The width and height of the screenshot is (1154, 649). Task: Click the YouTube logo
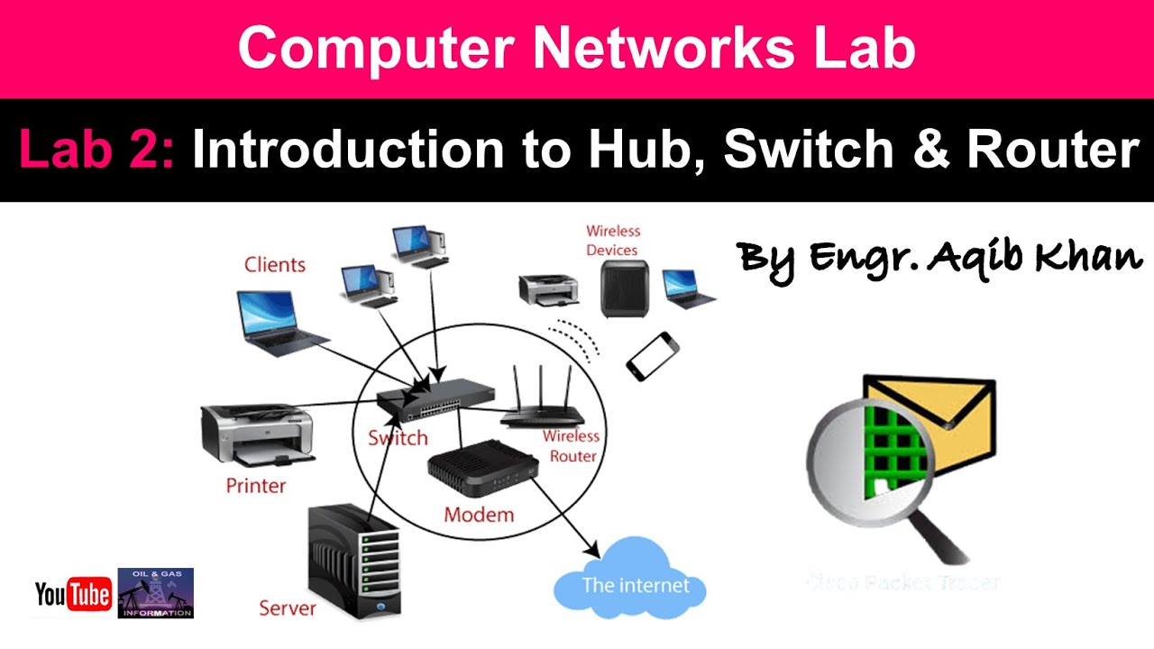coord(73,594)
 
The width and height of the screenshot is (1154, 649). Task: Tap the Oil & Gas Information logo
coord(156,593)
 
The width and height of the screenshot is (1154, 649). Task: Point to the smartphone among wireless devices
coord(652,355)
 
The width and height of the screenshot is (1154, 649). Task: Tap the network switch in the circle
coord(435,398)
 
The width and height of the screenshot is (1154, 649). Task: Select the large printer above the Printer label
coord(258,434)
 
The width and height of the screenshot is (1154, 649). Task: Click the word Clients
coord(275,265)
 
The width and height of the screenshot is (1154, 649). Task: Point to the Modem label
coord(479,516)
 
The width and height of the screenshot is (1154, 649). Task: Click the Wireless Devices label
coord(612,241)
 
